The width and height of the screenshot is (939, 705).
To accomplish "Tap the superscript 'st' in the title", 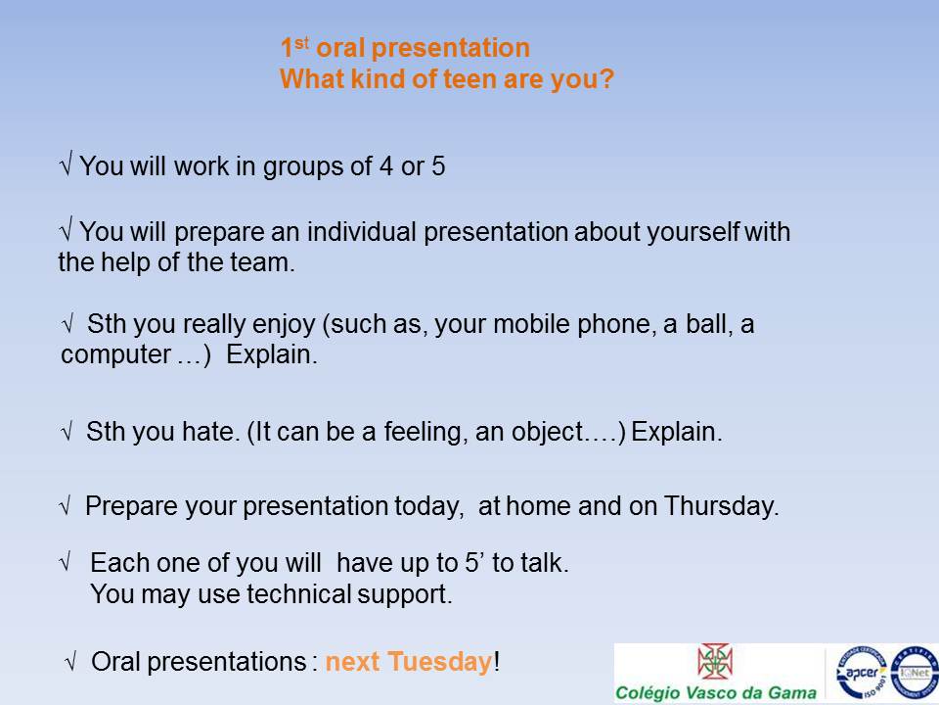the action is coord(302,42).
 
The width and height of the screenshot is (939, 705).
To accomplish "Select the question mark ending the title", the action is coord(606,78).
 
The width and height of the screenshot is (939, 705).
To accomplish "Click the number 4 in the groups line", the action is coord(386,166).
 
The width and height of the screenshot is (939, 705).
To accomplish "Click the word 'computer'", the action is coord(115,354).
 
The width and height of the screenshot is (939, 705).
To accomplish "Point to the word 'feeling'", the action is coord(425,432).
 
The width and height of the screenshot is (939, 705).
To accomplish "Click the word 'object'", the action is coord(547,432).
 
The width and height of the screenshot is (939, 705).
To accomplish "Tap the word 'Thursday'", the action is coord(721,506).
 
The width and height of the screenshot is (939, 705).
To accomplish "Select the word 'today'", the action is coord(428,507).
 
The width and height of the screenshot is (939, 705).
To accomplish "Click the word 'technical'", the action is coord(299,594).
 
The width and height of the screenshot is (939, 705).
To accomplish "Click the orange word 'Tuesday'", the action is coord(439,662).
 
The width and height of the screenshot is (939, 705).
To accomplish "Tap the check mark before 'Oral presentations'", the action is coord(70,663).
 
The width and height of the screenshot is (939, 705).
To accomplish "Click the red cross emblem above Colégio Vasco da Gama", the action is coord(715,661).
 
